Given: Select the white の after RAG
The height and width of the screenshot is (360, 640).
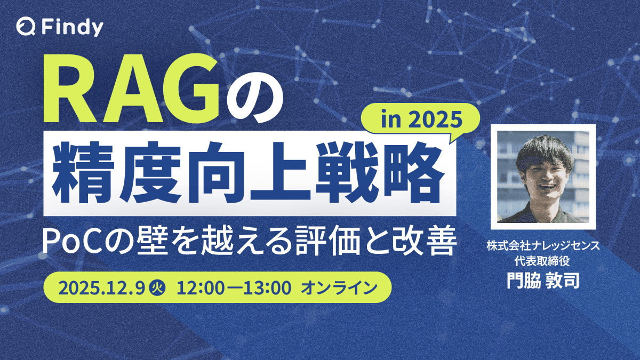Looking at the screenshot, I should coord(252,96).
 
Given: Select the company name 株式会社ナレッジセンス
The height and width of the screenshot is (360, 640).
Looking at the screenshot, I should coord(543,246).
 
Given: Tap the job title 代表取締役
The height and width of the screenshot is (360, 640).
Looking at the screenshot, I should coord(543,261).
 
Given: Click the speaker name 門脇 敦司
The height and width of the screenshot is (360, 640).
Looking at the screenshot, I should coord(543,279).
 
